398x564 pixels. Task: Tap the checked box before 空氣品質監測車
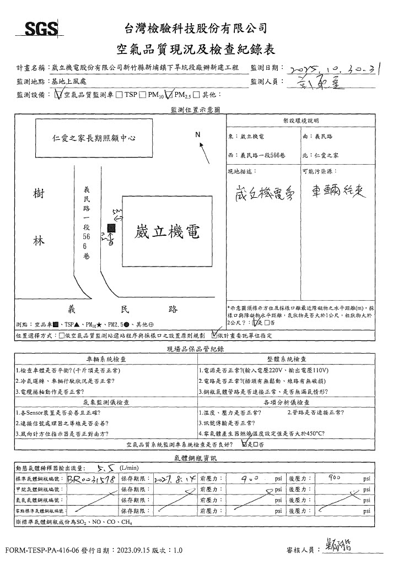tap(59, 95)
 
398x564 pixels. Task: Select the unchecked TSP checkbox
tap(120, 95)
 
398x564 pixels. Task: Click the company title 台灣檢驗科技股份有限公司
tap(196, 28)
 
